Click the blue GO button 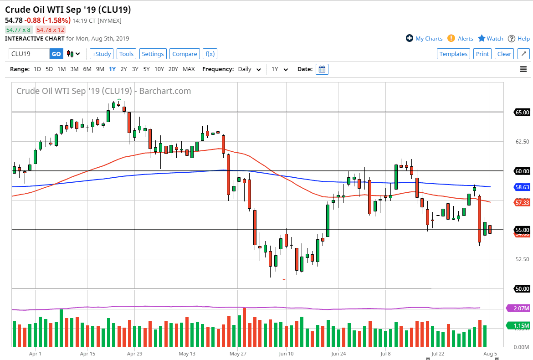pos(56,54)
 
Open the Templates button pos(453,54)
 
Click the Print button pos(482,54)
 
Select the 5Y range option pos(146,69)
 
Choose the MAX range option pos(189,69)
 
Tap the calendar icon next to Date pos(322,69)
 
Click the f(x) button pos(210,54)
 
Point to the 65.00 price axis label pos(522,112)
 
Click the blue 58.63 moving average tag pos(522,187)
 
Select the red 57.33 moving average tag pos(522,202)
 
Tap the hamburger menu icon pos(523,69)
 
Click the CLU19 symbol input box pos(29,54)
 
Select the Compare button pos(184,54)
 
